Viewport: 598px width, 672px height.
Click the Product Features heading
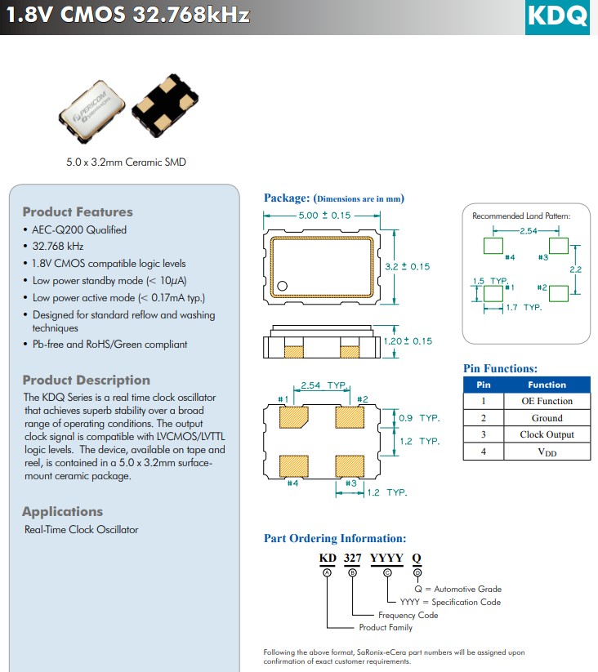pos(78,211)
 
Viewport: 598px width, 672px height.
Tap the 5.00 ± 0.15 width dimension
pos(324,216)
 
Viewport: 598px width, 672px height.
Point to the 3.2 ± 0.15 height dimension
pos(407,267)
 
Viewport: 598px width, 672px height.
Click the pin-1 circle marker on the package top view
pos(282,286)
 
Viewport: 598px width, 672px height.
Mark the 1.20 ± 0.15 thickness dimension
pos(408,341)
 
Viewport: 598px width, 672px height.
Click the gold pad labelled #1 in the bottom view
pos(293,417)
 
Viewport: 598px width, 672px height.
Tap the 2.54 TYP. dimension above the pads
pos(324,385)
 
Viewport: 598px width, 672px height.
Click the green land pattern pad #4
pos(493,245)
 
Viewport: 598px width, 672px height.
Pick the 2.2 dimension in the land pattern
pos(575,269)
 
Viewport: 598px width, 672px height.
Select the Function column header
pos(547,385)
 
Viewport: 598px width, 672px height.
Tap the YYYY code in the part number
pos(387,559)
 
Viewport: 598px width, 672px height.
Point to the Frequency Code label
pos(408,615)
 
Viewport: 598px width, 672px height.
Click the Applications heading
pos(62,512)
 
